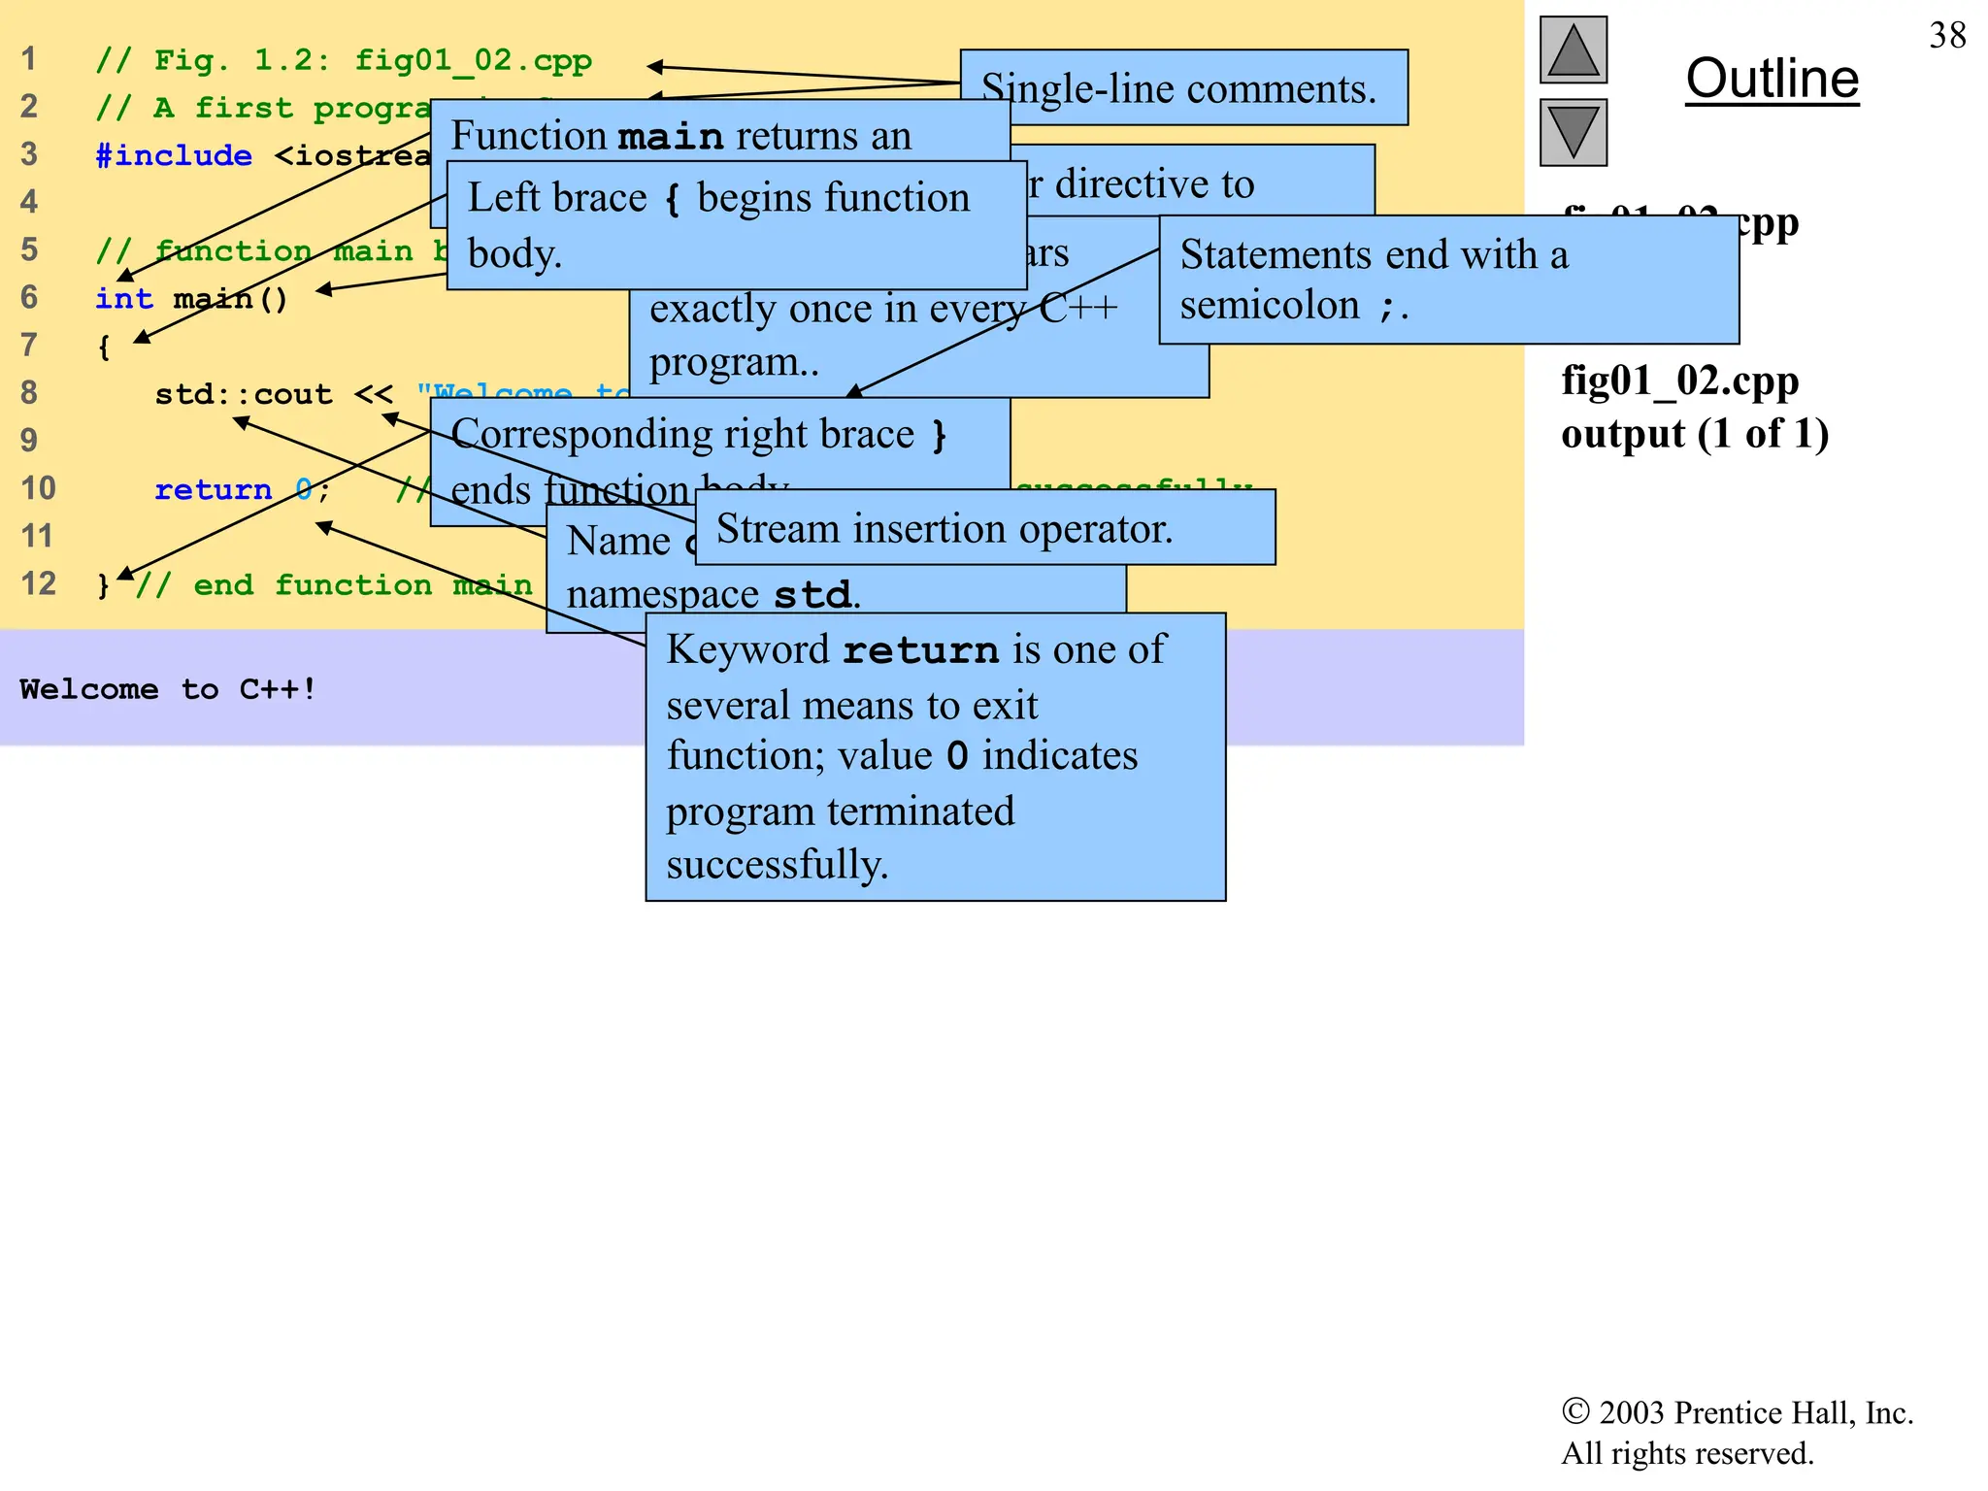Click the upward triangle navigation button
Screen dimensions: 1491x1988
1574,50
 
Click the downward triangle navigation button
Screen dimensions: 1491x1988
1574,132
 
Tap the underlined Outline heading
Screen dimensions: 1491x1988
1772,79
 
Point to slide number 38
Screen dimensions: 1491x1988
1947,36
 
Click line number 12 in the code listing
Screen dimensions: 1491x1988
39,584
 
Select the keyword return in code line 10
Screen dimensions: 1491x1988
213,489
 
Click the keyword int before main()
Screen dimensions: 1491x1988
123,298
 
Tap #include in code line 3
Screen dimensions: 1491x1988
174,155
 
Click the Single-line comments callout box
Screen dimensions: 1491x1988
1182,89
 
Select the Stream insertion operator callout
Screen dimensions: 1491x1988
984,529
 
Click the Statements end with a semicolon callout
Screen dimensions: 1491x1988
1447,280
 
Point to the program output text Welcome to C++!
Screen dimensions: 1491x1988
168,689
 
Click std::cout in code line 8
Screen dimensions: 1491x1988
243,394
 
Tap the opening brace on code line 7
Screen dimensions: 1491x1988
104,347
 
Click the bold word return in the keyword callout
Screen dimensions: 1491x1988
920,650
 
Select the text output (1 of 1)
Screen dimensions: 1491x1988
1694,433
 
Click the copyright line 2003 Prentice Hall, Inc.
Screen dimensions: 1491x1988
1737,1412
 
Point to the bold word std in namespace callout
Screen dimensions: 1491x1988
812,594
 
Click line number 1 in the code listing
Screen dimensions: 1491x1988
29,59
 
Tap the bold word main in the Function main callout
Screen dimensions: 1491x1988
671,137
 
